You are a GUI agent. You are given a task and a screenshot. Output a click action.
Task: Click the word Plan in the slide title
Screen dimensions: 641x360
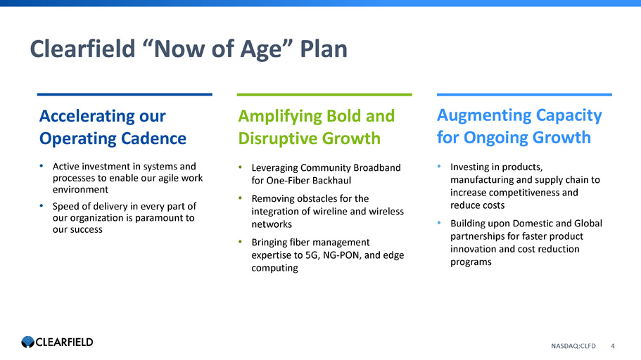coord(324,49)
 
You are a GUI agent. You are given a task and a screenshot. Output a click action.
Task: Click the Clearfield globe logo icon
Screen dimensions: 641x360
coord(28,342)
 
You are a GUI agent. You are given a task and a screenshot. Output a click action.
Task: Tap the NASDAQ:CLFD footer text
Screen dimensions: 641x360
coord(573,346)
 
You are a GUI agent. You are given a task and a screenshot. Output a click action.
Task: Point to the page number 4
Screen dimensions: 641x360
coord(613,346)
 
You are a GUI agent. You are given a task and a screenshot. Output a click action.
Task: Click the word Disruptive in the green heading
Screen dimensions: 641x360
coord(277,139)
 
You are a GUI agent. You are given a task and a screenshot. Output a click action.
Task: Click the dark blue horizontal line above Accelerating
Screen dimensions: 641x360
coord(125,94)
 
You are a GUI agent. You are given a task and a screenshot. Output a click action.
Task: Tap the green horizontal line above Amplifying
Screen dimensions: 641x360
coord(324,94)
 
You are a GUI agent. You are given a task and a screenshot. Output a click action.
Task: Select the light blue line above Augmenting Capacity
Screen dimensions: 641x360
coord(524,94)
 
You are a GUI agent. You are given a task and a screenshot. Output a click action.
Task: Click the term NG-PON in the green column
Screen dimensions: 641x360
coord(342,255)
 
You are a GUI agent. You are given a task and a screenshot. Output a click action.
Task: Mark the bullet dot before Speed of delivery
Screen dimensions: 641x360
coord(42,205)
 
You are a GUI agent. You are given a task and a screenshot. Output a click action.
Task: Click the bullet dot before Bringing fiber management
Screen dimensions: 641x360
coord(241,242)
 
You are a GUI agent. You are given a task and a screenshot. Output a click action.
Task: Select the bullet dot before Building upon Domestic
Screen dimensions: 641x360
coord(440,223)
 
